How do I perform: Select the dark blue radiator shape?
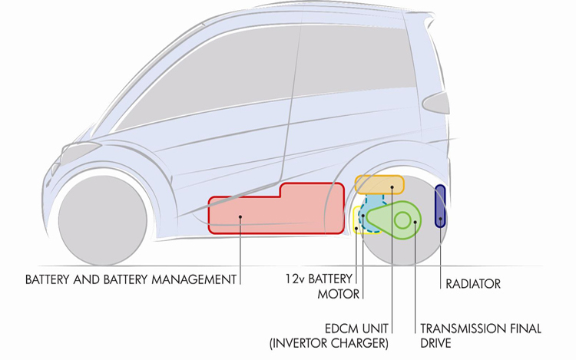click(441, 205)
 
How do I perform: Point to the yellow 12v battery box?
click(356, 219)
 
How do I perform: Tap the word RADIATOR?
click(473, 284)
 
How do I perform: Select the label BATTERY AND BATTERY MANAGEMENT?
click(131, 279)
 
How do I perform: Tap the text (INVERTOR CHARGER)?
click(329, 342)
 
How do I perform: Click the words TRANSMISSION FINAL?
click(481, 328)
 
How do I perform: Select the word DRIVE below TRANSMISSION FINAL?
click(436, 342)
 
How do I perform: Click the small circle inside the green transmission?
click(402, 220)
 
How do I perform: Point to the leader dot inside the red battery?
click(240, 217)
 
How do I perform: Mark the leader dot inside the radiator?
click(441, 219)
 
